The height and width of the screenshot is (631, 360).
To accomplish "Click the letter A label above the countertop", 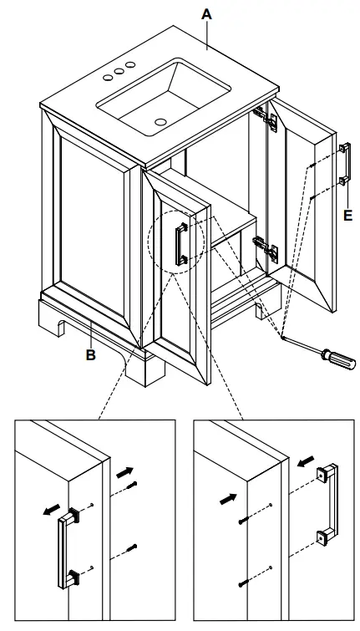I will point(207,14).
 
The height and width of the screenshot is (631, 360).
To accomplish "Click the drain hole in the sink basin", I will point(160,120).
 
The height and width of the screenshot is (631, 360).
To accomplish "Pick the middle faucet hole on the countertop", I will point(119,73).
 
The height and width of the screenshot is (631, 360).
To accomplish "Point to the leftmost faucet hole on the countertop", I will point(108,78).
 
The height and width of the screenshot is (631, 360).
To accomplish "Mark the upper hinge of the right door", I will point(270,117).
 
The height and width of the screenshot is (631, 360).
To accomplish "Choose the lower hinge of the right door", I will point(265,249).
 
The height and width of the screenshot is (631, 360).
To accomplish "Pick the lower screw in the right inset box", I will point(242,583).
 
